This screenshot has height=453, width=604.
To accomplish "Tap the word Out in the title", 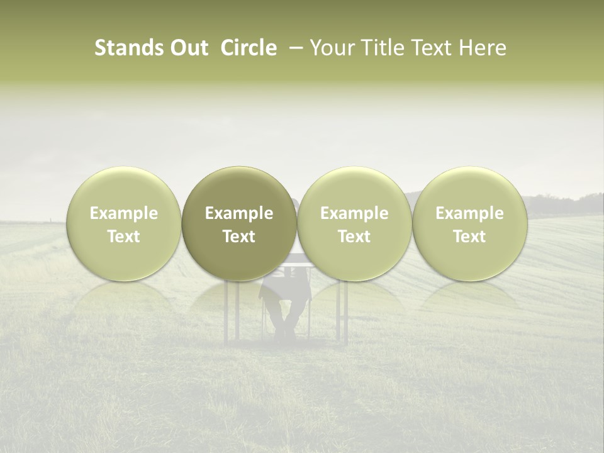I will click(x=187, y=48).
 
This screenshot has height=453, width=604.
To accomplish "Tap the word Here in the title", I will click(x=483, y=48).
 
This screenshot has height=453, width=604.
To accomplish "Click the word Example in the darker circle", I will click(x=239, y=213).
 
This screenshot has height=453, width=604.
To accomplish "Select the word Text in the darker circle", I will click(x=239, y=237).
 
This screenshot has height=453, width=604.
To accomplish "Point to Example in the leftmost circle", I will click(x=124, y=213).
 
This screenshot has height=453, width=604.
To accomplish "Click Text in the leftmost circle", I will click(x=124, y=237).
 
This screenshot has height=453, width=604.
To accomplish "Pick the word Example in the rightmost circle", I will click(x=469, y=213).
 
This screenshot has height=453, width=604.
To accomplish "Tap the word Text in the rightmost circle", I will click(x=469, y=237).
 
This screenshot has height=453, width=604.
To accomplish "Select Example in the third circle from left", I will click(x=354, y=213).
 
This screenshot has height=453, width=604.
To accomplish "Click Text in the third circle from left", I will click(x=354, y=237).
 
